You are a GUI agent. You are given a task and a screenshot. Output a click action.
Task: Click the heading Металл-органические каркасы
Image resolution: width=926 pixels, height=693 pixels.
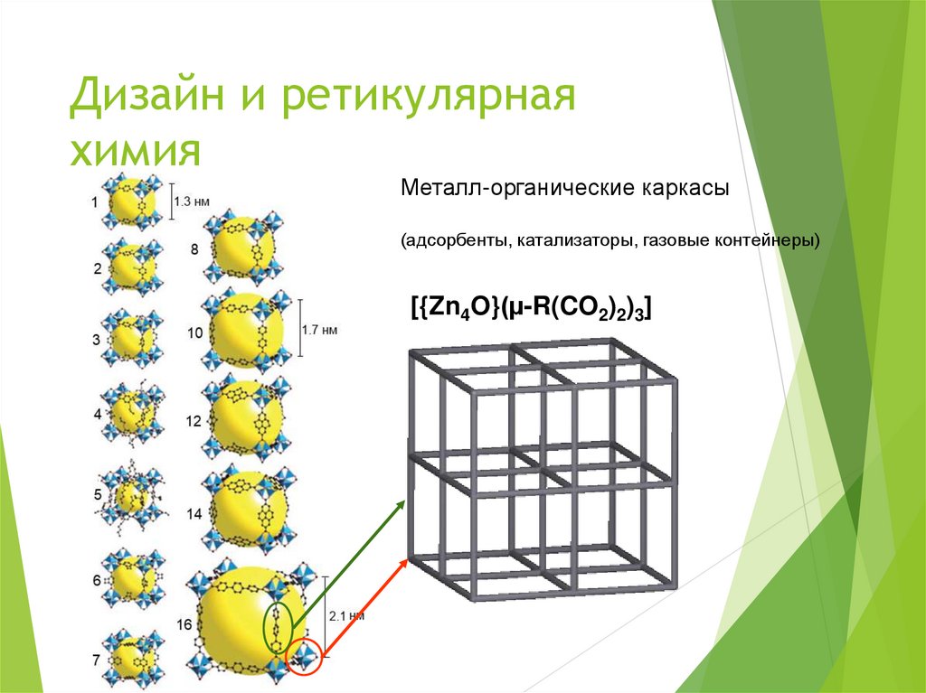(x=565, y=192)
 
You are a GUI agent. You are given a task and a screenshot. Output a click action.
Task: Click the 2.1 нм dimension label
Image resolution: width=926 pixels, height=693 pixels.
(x=346, y=615)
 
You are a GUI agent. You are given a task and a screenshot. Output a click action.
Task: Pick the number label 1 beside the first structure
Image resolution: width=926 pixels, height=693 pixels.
(x=95, y=201)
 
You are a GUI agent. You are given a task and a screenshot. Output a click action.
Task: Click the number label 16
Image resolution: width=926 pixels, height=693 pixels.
(x=184, y=624)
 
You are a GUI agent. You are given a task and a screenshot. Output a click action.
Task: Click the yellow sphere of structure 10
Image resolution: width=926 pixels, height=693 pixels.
(x=244, y=330)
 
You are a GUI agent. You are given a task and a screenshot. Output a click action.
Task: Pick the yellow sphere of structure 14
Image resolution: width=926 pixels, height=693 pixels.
(x=242, y=512)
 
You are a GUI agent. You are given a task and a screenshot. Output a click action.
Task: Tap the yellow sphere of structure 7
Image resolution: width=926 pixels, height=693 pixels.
(x=131, y=660)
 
